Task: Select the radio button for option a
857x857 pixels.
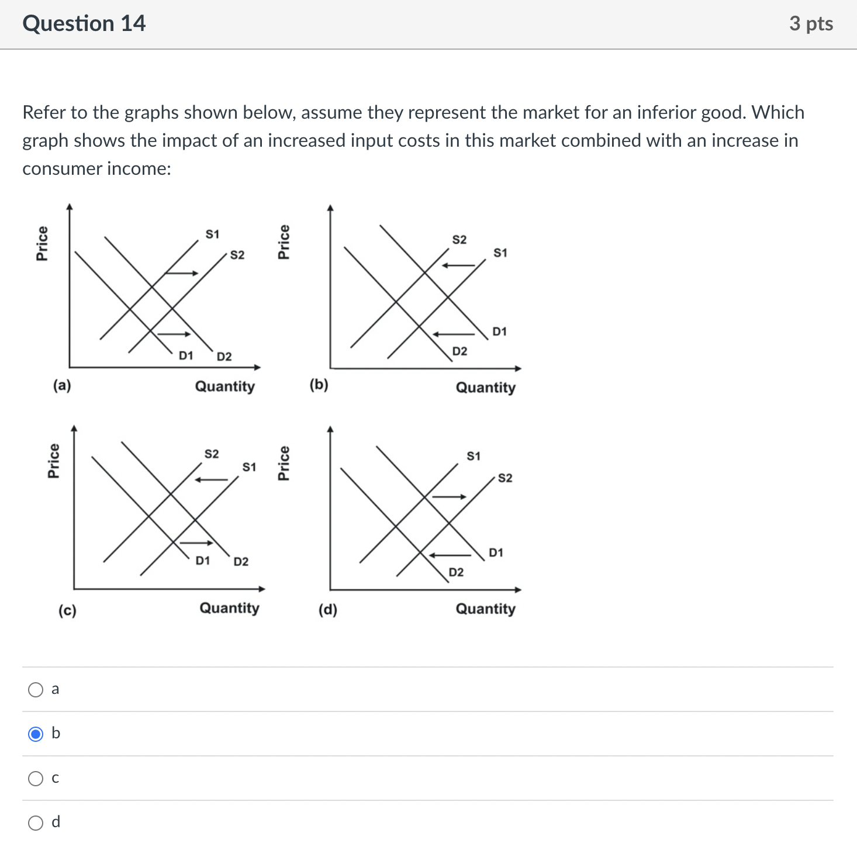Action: [36, 690]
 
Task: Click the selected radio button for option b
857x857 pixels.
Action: [36, 734]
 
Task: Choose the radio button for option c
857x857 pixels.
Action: [36, 778]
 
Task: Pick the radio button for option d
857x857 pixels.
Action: [36, 823]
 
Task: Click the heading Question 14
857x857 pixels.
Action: [84, 23]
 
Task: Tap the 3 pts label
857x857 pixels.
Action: [811, 23]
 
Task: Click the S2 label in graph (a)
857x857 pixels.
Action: [237, 255]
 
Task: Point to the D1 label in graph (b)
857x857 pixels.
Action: [499, 331]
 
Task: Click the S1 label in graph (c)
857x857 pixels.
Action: [249, 467]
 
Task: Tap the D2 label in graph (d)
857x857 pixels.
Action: [456, 572]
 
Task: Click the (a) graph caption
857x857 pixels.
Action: [62, 385]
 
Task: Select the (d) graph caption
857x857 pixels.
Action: [327, 610]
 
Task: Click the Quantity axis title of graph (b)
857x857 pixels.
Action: [485, 388]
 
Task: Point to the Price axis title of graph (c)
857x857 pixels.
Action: [53, 461]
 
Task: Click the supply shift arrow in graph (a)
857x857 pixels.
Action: [182, 273]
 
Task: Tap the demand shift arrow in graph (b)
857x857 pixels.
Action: [454, 334]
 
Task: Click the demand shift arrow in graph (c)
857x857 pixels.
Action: [196, 542]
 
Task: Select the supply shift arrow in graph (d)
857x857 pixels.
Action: [449, 497]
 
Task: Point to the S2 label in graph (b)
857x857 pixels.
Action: [459, 240]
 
